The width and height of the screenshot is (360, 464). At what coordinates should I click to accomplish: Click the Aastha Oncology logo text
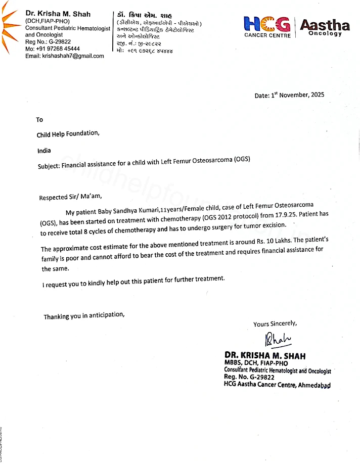click(325, 27)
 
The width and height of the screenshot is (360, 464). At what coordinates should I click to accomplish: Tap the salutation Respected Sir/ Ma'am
click(74, 197)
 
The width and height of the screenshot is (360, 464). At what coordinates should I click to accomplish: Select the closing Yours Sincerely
click(275, 323)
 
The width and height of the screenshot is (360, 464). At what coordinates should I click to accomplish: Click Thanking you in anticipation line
click(83, 316)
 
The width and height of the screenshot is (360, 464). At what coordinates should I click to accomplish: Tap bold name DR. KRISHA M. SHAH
click(265, 356)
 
